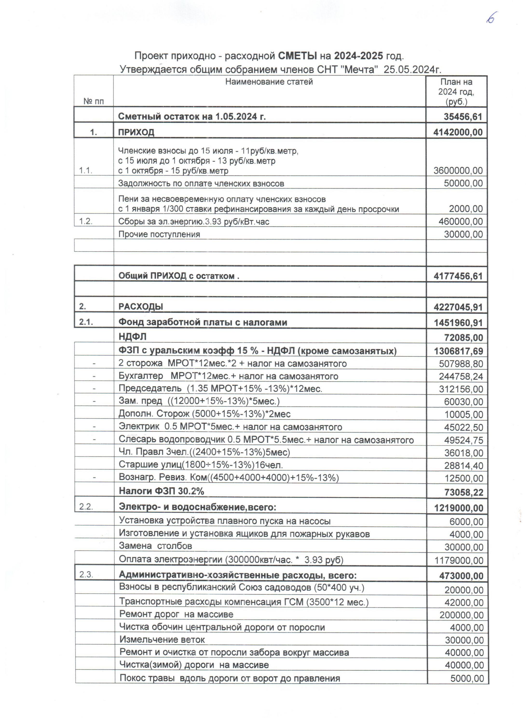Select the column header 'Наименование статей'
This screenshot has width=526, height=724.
(x=269, y=82)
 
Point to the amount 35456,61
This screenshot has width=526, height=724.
(x=463, y=117)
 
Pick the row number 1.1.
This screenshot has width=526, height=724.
(x=86, y=170)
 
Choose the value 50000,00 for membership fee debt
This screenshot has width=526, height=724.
(x=463, y=183)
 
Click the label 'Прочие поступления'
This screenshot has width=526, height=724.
(x=159, y=234)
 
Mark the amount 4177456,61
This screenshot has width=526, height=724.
(x=458, y=276)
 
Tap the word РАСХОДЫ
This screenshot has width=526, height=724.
(x=141, y=307)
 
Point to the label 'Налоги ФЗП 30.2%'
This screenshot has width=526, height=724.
(x=161, y=491)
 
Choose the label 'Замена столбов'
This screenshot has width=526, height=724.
(x=155, y=546)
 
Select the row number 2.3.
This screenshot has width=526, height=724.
(x=86, y=575)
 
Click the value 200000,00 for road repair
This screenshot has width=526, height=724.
(x=462, y=615)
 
